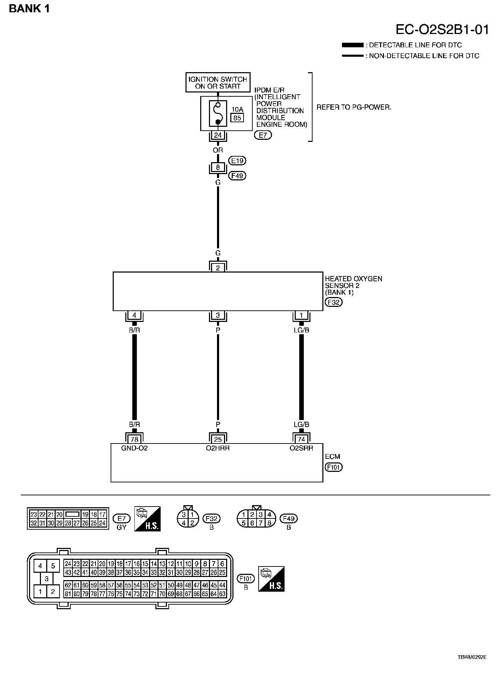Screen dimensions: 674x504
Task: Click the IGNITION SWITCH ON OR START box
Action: (218, 83)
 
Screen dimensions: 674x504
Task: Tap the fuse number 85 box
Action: (237, 118)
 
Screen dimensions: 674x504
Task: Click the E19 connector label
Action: (237, 161)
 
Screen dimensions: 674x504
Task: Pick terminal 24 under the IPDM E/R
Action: (218, 135)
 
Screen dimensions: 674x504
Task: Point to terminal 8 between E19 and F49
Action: (218, 167)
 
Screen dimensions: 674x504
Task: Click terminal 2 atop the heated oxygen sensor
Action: (218, 268)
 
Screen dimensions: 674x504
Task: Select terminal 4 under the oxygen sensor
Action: (134, 315)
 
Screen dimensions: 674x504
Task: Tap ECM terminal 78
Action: (134, 439)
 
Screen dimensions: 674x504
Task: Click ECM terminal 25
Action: (218, 439)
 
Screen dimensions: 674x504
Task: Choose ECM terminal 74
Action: (301, 439)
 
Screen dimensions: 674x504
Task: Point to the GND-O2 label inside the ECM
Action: (134, 448)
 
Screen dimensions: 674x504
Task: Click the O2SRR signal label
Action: (301, 448)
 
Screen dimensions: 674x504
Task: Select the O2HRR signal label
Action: (218, 448)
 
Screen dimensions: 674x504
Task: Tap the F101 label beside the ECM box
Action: (333, 467)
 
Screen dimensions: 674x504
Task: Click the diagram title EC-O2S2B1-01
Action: (442, 30)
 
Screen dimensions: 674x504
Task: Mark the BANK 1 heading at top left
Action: (29, 9)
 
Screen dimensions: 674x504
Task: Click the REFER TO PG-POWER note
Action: (354, 107)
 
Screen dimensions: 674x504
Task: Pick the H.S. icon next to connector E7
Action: (147, 519)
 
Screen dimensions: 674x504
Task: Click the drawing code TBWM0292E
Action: (472, 657)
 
